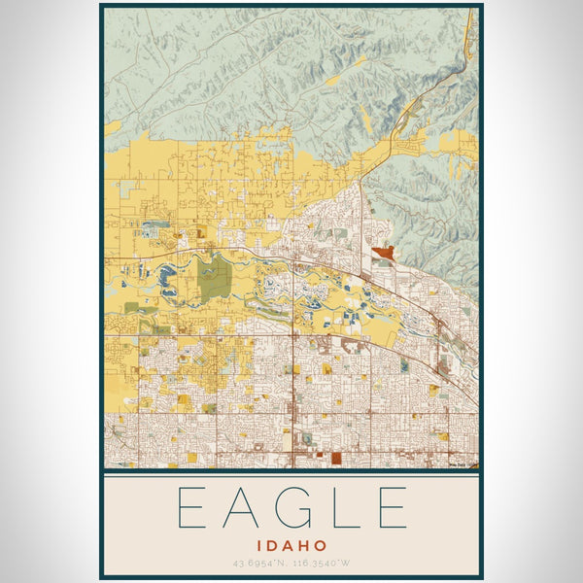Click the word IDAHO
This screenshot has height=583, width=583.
[x=291, y=546]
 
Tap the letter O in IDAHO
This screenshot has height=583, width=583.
[x=320, y=546]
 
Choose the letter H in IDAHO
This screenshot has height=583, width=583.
[x=304, y=546]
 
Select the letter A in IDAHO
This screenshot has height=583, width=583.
[x=288, y=546]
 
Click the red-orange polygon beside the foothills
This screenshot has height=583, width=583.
[x=381, y=253]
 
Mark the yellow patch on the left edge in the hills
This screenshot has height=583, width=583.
[x=113, y=127]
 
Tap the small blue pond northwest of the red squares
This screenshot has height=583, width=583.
[x=309, y=438]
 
